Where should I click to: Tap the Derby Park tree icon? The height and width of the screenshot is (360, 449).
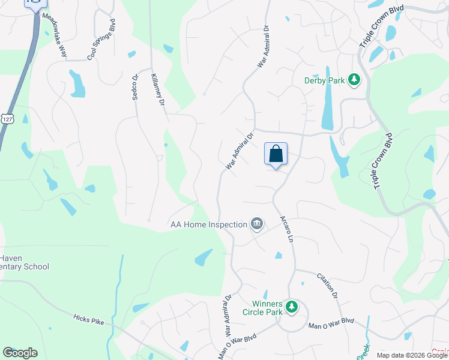354,79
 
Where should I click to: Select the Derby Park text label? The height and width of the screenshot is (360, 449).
324,80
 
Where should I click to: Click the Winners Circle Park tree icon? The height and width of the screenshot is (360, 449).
292,307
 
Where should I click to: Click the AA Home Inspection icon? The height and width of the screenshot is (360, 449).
257,224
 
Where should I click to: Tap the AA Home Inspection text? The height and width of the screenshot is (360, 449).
208,224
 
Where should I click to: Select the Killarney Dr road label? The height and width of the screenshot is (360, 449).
158,91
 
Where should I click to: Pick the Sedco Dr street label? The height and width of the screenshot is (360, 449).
135,88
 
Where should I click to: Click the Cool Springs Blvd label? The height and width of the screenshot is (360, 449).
101,40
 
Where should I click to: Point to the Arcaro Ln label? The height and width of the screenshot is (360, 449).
286,229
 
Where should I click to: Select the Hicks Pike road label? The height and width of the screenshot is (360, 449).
89,319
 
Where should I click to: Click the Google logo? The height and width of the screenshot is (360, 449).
20,353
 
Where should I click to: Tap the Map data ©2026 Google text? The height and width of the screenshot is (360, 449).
411,355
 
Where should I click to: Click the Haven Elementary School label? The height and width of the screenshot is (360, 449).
25,262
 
